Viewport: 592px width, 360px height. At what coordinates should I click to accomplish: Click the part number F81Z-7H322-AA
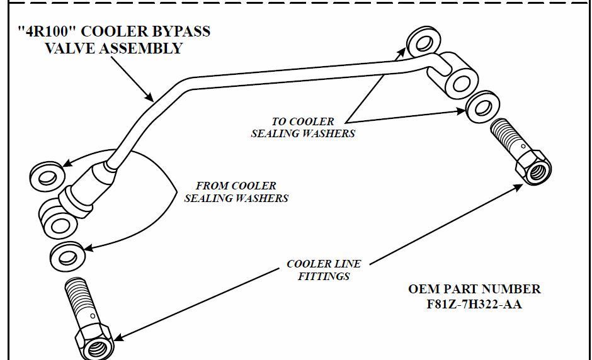(474, 305)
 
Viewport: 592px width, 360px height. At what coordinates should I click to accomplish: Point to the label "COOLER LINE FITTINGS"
(324, 269)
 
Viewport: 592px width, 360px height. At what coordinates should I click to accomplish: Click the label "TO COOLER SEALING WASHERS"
(303, 127)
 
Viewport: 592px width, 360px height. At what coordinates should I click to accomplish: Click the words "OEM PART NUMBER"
(474, 289)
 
